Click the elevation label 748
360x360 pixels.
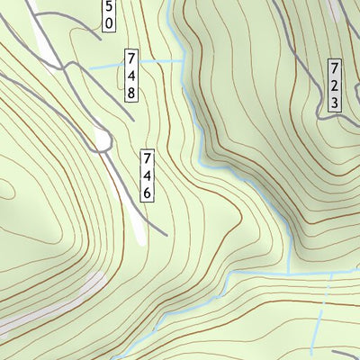coord(132,76)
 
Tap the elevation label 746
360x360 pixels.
coord(147,176)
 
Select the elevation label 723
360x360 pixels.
coord(334,85)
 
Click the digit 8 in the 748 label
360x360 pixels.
coord(132,92)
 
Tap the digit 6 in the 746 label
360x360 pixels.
coord(147,193)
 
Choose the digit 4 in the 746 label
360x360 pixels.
coord(147,176)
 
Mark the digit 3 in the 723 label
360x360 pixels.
coord(334,102)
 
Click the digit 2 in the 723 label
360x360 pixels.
coord(334,85)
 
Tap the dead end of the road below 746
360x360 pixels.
coord(166,234)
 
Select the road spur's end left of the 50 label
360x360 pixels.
coord(96,39)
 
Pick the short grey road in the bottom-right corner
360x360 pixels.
coord(346,353)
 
